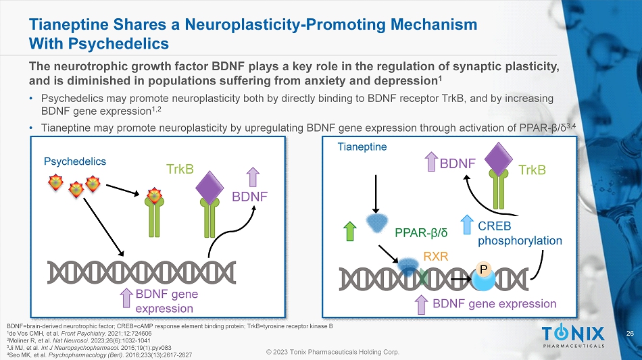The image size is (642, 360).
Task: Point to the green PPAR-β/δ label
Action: [422, 234]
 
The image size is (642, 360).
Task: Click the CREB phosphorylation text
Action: [520, 233]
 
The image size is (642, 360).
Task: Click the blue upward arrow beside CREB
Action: [467, 227]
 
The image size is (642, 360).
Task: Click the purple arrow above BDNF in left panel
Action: [253, 177]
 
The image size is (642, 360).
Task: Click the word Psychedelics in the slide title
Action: [132, 45]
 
